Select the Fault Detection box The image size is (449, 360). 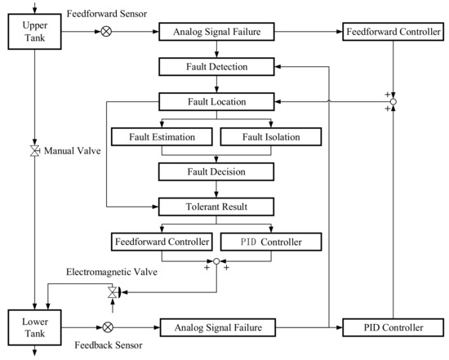(x=216, y=66)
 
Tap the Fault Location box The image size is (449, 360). (x=216, y=102)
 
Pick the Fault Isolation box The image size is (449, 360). (x=269, y=136)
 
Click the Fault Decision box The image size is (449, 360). (x=216, y=171)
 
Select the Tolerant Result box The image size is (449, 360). (x=216, y=207)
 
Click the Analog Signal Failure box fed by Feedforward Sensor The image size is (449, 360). (x=216, y=33)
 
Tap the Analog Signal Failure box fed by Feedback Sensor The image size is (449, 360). (x=216, y=327)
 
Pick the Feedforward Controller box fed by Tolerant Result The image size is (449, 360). (x=162, y=242)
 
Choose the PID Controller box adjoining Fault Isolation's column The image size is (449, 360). (x=269, y=242)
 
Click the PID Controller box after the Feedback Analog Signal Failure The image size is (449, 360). (x=393, y=327)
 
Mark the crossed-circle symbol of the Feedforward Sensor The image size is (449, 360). (x=106, y=33)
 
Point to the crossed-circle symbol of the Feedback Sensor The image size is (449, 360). (x=106, y=327)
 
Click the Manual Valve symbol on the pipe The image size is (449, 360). (x=34, y=152)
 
